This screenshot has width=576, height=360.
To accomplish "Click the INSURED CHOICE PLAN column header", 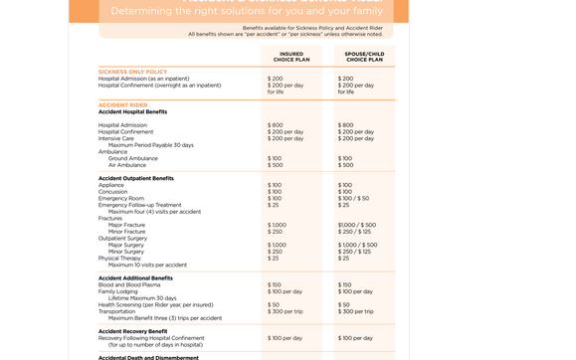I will [291, 57].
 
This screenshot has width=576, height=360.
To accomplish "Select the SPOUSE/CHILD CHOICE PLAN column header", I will [364, 57].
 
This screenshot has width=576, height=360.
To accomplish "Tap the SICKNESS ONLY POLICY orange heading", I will [132, 72].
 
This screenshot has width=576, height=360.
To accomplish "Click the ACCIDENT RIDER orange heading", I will [122, 104].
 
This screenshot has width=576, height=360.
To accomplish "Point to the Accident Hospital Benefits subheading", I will [132, 111].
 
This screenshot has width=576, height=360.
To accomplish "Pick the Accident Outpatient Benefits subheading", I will [135, 178].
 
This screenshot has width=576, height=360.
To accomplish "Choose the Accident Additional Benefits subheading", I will [135, 278].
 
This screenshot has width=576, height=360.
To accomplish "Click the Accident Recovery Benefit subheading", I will [132, 331].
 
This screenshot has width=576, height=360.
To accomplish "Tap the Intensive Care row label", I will [115, 138].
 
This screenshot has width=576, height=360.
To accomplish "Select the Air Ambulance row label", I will [127, 165].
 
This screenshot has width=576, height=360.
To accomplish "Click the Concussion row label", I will [112, 192].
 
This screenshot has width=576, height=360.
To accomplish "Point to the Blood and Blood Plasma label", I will [129, 285].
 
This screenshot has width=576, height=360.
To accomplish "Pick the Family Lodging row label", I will [118, 291].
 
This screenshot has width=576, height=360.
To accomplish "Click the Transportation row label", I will [116, 311].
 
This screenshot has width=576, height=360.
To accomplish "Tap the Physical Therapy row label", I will [120, 259].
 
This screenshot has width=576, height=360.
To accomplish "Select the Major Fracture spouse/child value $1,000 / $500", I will [357, 225].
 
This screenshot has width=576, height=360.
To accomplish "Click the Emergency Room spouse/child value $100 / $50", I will [353, 199].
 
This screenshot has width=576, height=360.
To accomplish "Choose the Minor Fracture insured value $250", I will [275, 232].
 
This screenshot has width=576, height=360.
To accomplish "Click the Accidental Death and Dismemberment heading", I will [148, 356].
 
